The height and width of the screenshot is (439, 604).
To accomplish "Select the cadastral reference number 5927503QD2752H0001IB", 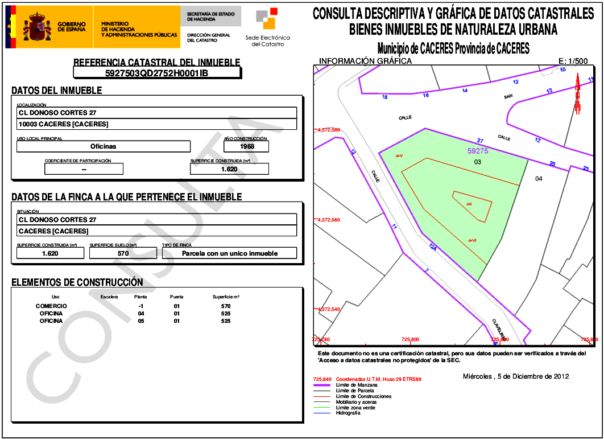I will [157, 73].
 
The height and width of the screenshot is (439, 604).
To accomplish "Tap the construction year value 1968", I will [247, 146].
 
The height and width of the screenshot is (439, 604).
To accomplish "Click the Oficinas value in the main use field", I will [104, 146].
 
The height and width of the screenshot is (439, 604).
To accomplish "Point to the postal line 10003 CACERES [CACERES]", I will [64, 124].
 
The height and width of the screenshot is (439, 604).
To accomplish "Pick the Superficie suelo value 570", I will [123, 253].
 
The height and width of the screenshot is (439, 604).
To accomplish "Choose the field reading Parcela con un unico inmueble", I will [230, 253].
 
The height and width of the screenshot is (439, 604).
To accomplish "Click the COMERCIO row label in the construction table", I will [51, 306].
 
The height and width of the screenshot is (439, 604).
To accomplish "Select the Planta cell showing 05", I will [141, 321].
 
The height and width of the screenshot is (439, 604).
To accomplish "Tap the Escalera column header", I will [109, 297].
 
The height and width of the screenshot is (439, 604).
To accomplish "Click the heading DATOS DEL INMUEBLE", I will [57, 91].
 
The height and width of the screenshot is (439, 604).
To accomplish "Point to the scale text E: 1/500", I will [576, 61].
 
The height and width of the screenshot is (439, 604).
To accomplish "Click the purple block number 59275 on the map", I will [478, 151].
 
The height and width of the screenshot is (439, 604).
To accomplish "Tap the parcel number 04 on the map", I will [539, 179].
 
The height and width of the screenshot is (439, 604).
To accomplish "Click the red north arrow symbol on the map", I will [577, 96].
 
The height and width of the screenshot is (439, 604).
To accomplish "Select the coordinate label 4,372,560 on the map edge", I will [328, 219].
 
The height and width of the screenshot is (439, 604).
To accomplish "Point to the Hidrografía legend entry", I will [348, 413].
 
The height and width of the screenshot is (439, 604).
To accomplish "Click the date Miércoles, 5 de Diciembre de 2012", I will [516, 376].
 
